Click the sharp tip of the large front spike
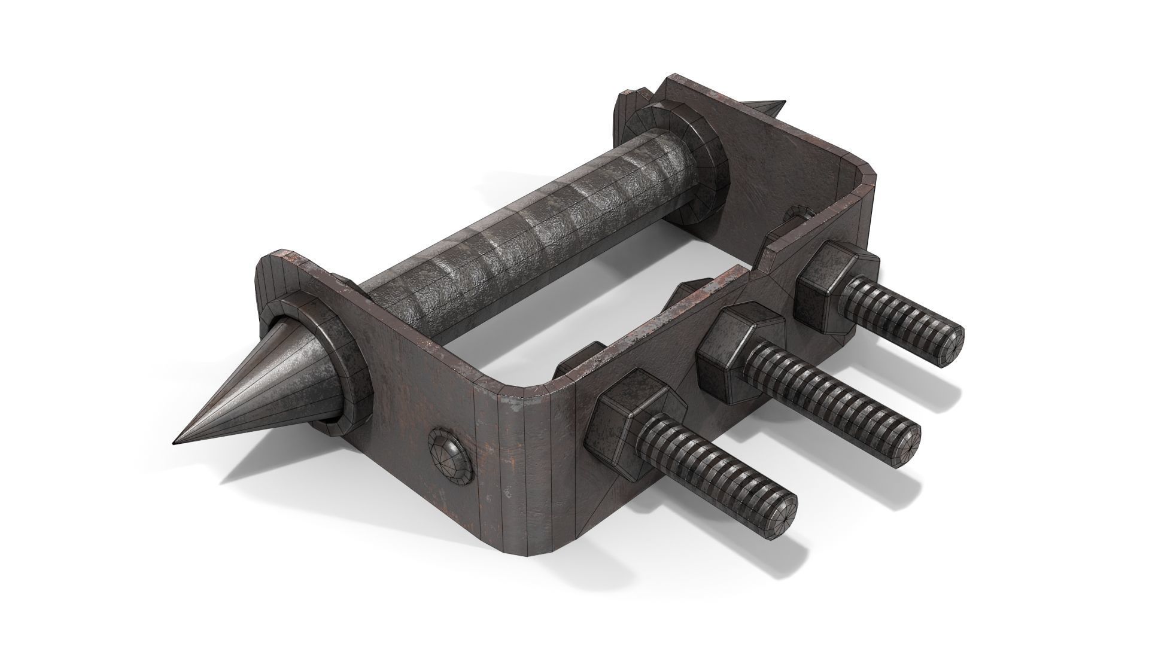point(175,443)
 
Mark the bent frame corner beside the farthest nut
point(862,197)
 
